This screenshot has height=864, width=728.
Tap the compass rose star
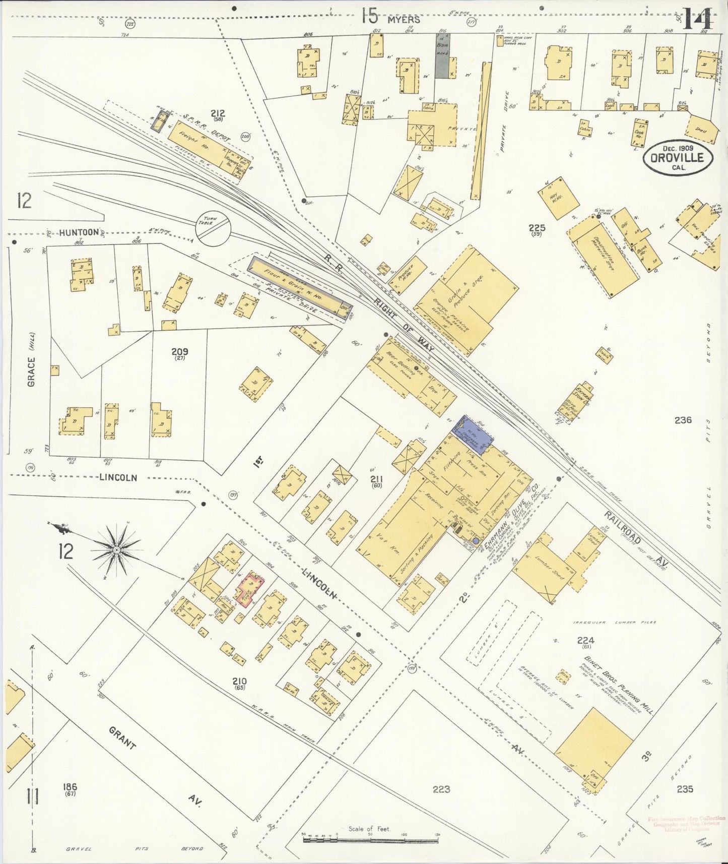116,549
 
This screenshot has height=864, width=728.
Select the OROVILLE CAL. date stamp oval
678,157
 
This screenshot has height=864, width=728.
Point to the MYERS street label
404,20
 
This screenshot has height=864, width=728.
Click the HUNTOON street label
79,232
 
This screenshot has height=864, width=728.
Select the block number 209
179,351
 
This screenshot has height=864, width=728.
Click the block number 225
537,228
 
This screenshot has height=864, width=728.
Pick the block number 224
585,640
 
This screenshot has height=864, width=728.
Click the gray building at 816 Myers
443,56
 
